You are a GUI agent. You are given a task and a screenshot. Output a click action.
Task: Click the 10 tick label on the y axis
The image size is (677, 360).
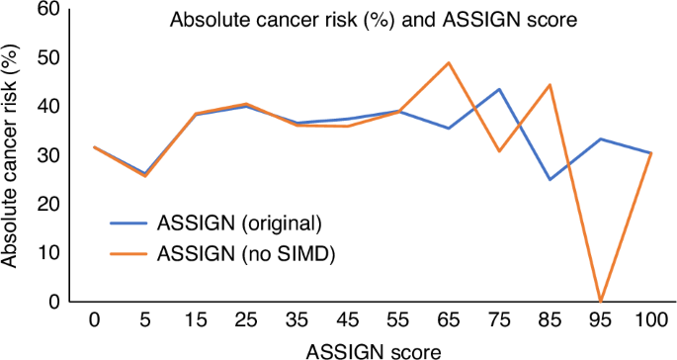coord(46,253)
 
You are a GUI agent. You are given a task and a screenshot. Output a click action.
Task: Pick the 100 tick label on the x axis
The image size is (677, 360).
coord(650,320)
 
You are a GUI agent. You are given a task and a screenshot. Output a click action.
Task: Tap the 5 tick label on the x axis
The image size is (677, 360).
coord(144,320)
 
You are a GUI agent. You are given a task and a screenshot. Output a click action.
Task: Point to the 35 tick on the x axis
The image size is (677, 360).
coord(296,320)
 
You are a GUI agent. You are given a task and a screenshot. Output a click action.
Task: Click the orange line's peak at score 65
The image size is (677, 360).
coord(449,63)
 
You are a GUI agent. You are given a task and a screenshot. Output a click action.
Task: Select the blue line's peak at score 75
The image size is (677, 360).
coord(499,89)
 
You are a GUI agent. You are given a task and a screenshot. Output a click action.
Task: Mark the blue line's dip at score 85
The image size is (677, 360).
coord(550,179)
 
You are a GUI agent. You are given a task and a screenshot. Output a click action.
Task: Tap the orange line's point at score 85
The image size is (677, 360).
coord(550,85)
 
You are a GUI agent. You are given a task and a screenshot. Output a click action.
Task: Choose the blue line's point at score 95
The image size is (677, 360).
coord(601,138)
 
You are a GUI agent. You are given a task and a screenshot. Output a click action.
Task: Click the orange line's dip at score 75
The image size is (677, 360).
coord(499,151)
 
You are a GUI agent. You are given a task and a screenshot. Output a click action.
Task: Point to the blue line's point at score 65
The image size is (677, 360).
coord(449,129)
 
